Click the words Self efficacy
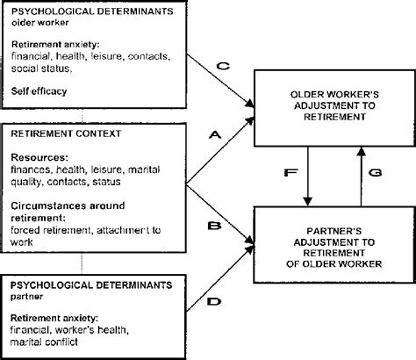(x=39, y=90)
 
